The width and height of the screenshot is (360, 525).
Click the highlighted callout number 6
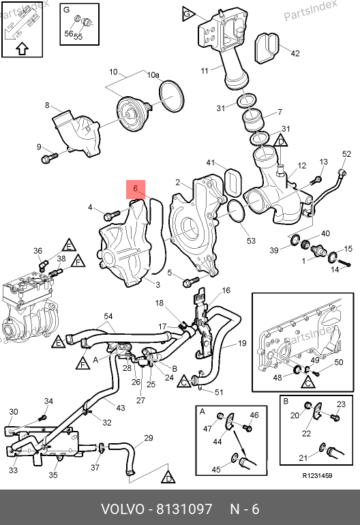tap(135, 188)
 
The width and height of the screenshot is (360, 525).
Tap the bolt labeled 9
tap(49, 157)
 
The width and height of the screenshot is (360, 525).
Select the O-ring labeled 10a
tap(172, 96)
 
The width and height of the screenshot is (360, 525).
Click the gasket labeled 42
tap(267, 48)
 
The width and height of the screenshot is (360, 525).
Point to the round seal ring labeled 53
tap(238, 211)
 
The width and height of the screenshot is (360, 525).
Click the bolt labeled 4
tap(112, 215)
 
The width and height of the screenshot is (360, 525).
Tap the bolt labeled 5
tap(190, 282)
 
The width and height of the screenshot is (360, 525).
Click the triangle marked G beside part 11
tap(189, 14)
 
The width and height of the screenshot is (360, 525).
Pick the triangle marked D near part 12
tap(281, 140)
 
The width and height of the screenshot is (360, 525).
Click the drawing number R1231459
tap(317, 475)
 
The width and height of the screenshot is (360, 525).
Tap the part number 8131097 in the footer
tap(185, 509)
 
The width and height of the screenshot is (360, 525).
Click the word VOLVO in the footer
tap(122, 509)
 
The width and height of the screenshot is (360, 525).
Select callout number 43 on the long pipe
tap(120, 408)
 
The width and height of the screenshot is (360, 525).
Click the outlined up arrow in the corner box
tap(22, 48)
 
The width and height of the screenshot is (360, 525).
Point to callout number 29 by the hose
tap(149, 438)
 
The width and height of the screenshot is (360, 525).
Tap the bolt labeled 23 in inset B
tap(335, 417)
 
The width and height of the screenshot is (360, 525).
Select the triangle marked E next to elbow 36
tap(69, 245)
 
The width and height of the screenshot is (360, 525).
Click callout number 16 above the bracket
tap(226, 290)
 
